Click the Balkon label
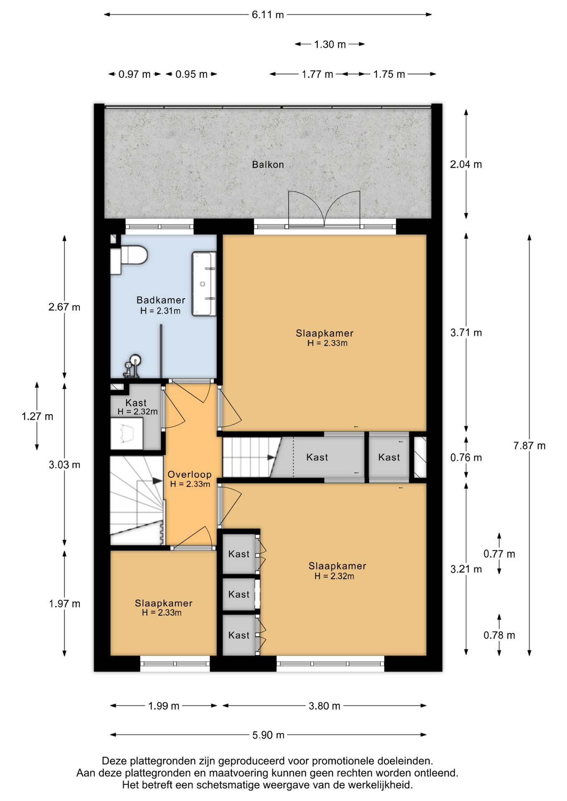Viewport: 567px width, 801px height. click(268, 164)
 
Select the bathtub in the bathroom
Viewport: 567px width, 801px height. click(204, 284)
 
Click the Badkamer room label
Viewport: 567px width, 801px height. click(161, 300)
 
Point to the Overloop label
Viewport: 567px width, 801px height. click(190, 474)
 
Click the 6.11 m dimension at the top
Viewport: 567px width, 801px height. click(268, 15)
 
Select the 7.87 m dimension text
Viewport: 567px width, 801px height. click(529, 446)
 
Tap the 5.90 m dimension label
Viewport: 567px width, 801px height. click(268, 735)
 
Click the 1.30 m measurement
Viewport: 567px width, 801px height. click(330, 44)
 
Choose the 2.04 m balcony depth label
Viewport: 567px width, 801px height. click(466, 164)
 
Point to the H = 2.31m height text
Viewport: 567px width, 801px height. click(160, 311)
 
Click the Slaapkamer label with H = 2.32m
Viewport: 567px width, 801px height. click(337, 566)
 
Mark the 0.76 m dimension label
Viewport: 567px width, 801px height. click(466, 458)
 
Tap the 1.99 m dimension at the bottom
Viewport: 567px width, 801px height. click(164, 706)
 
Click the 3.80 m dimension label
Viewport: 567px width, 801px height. click(324, 706)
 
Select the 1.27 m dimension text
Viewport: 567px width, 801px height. click(38, 416)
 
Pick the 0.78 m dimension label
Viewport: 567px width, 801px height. click(499, 635)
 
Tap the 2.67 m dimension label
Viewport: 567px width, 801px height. click(64, 307)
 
